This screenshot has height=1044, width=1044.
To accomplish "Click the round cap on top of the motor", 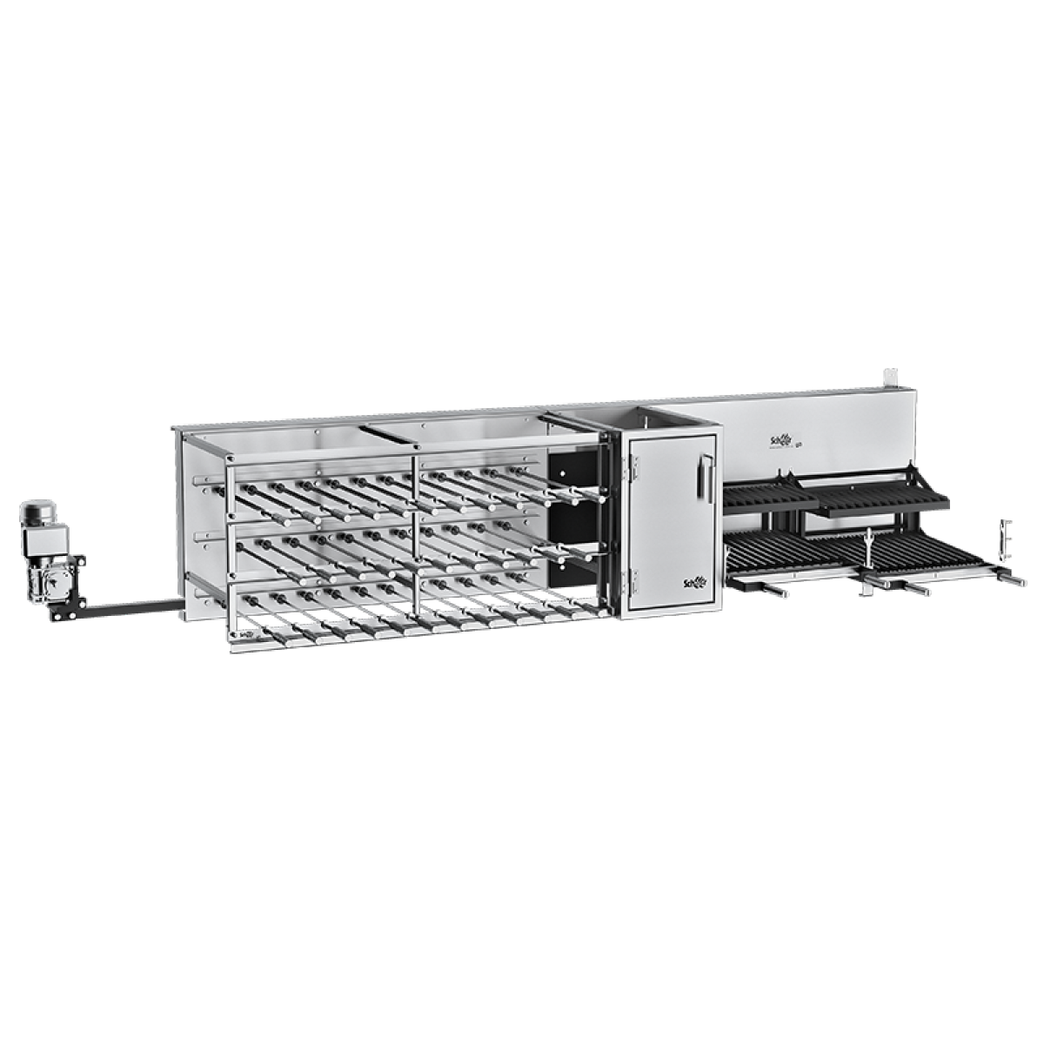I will tap(36, 507).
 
